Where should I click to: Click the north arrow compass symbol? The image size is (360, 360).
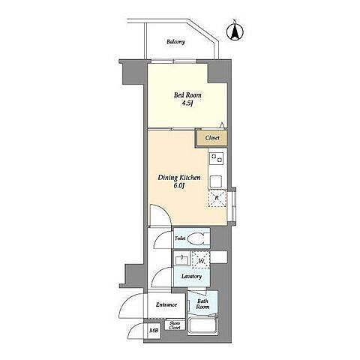pyautogui.click(x=235, y=31)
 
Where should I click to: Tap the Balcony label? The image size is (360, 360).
pyautogui.click(x=176, y=42)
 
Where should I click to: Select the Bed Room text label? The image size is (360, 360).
pyautogui.click(x=187, y=95)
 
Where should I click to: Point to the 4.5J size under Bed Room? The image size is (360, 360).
pyautogui.click(x=187, y=103)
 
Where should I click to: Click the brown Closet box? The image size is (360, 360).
pyautogui.click(x=211, y=138)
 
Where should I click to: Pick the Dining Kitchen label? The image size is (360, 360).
pyautogui.click(x=179, y=178)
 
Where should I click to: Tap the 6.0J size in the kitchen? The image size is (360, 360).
pyautogui.click(x=179, y=186)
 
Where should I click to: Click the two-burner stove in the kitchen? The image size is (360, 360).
pyautogui.click(x=217, y=158)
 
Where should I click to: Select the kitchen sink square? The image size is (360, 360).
pyautogui.click(x=216, y=181)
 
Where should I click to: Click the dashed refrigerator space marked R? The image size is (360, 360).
pyautogui.click(x=217, y=198)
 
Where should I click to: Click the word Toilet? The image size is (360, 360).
pyautogui.click(x=180, y=238)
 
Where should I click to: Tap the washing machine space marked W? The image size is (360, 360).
pyautogui.click(x=201, y=260)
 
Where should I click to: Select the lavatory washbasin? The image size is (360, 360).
pyautogui.click(x=182, y=259)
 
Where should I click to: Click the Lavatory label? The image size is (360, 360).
pyautogui.click(x=191, y=277)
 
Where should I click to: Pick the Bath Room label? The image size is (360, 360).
pyautogui.click(x=202, y=304)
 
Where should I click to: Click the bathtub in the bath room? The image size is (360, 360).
pyautogui.click(x=202, y=325)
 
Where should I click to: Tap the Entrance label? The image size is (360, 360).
pyautogui.click(x=166, y=304)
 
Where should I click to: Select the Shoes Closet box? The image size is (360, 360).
pyautogui.click(x=175, y=325)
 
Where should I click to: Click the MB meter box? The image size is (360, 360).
pyautogui.click(x=154, y=330)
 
